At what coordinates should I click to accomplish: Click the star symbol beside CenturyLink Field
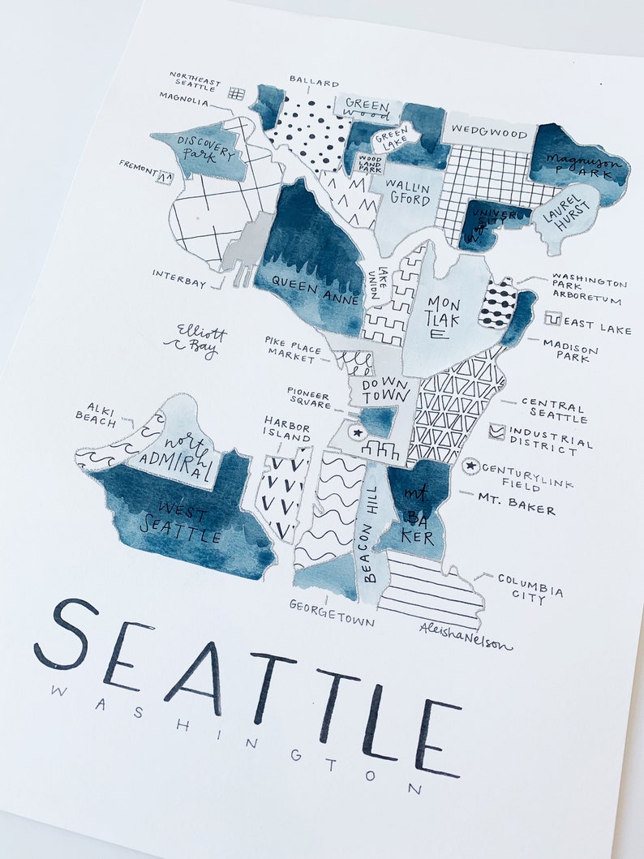click(x=469, y=466)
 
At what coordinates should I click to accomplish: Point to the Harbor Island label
click(x=286, y=429)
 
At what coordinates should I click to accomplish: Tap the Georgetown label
click(x=333, y=613)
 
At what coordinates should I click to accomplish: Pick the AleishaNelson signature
click(x=466, y=637)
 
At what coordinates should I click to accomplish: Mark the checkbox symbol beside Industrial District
click(x=496, y=432)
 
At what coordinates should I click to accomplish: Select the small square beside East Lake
click(x=552, y=319)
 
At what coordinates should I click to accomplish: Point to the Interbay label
click(x=178, y=278)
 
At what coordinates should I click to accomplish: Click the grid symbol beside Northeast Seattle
click(x=236, y=93)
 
